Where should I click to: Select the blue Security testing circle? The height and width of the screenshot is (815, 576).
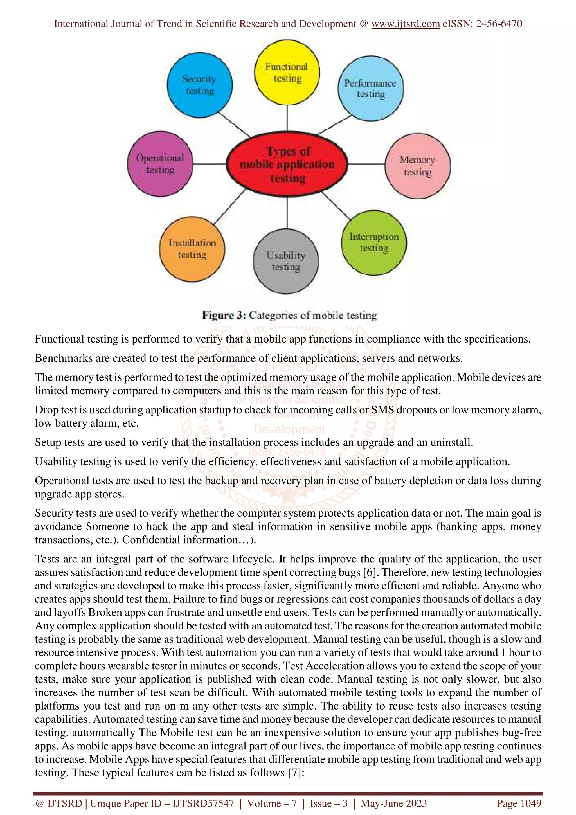[x=199, y=85]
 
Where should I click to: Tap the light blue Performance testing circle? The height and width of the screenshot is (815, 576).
[x=370, y=88]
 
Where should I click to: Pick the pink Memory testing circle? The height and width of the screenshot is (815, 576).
[x=418, y=166]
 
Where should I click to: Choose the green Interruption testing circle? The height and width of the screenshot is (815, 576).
[x=374, y=242]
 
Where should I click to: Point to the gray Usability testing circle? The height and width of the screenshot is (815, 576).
[x=286, y=261]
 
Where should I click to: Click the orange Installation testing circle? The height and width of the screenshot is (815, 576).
[x=192, y=249]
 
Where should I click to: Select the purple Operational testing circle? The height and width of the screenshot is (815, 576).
[x=160, y=164]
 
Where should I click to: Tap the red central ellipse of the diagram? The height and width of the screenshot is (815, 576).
[x=287, y=164]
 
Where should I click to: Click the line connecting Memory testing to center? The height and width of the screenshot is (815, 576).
[x=366, y=164]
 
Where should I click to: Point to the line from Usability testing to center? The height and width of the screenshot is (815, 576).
[x=287, y=212]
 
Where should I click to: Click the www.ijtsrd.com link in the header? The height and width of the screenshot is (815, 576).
[x=405, y=24]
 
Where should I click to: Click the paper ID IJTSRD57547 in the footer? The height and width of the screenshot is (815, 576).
[x=203, y=803]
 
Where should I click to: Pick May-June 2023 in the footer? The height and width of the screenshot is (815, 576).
[x=393, y=803]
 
